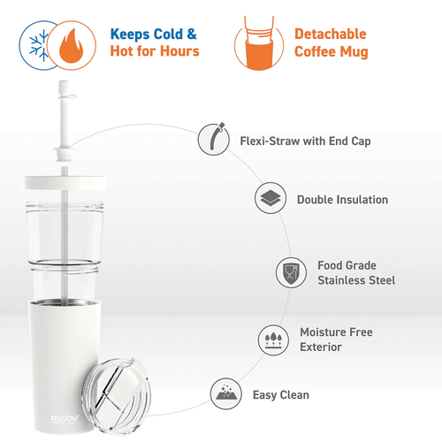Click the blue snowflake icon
(39, 46)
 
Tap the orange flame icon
(71, 45)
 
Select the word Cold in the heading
(169, 34)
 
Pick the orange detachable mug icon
(259, 43)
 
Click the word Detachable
(331, 34)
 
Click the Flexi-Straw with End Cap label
(305, 141)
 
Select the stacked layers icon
(271, 198)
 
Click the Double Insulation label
(342, 200)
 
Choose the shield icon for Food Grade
(291, 272)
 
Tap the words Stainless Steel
(356, 280)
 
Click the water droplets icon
(273, 340)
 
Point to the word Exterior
(321, 347)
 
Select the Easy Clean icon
(226, 393)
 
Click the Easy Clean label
(281, 395)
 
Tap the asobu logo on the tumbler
(65, 418)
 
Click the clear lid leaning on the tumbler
(116, 396)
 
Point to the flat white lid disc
(65, 183)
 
